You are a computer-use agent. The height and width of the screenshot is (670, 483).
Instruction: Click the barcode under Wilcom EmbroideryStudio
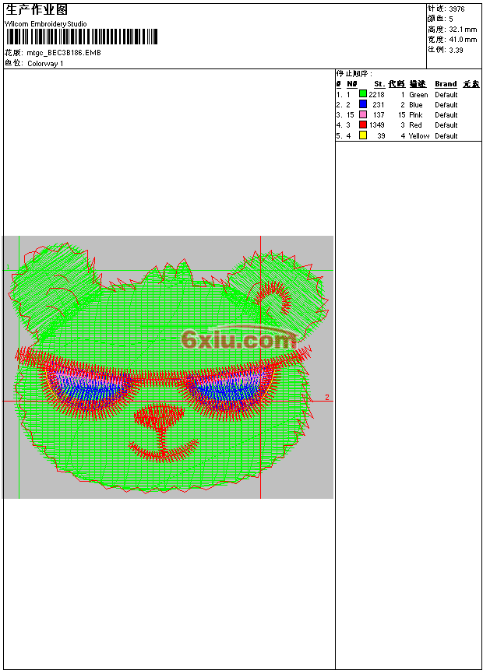pos(81,37)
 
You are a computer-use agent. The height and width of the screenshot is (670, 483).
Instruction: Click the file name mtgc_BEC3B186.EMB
pos(64,53)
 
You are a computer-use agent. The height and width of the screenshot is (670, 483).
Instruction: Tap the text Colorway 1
pos(45,64)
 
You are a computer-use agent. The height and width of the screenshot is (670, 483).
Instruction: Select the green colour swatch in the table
pos(363,94)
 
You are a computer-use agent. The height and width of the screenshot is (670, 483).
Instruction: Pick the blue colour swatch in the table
pos(363,104)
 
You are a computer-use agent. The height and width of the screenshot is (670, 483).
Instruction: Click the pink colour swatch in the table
pos(363,114)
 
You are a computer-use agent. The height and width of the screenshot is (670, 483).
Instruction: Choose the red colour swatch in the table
pos(363,125)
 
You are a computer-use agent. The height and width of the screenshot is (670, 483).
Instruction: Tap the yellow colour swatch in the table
pos(363,135)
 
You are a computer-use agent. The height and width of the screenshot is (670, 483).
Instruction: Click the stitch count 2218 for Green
pos(376,95)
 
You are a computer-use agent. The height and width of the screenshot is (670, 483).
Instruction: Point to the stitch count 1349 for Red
pos(376,125)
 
